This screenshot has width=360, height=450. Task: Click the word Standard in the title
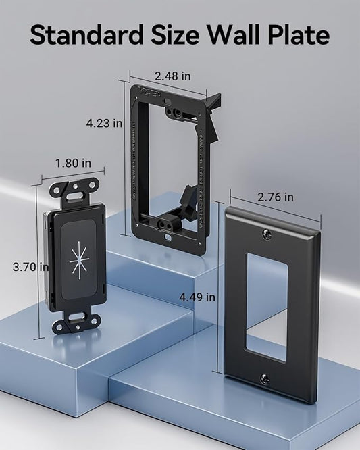pyautogui.click(x=86, y=34)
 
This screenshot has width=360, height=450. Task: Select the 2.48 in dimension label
pyautogui.click(x=173, y=76)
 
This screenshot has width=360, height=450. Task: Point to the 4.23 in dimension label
pyautogui.click(x=105, y=123)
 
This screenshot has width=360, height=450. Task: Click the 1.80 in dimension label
pyautogui.click(x=73, y=163)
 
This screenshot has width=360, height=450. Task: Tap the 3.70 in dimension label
pyautogui.click(x=30, y=267)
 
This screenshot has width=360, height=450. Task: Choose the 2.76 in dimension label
pyautogui.click(x=276, y=197)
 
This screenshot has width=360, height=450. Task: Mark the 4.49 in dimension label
pyautogui.click(x=197, y=297)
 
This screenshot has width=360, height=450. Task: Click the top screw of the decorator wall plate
pyautogui.click(x=267, y=234)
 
